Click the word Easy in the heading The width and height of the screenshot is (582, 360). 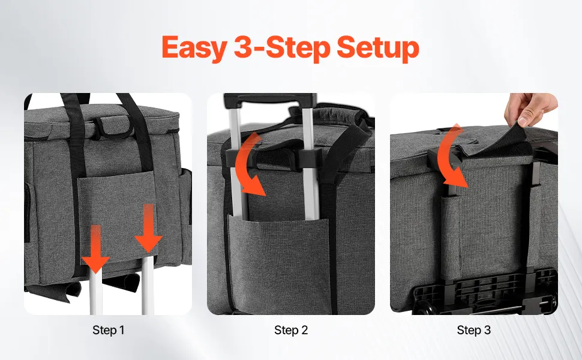tap(194, 48)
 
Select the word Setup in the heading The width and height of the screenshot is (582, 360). tap(378, 48)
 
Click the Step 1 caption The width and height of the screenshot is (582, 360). tap(109, 330)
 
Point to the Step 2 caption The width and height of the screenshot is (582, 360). tap(291, 330)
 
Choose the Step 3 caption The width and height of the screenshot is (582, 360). tap(473, 330)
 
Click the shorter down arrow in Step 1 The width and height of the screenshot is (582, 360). tap(95, 248)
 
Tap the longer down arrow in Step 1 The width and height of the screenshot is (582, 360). tap(148, 228)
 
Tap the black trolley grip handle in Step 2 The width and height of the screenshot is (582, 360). tap(270, 101)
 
